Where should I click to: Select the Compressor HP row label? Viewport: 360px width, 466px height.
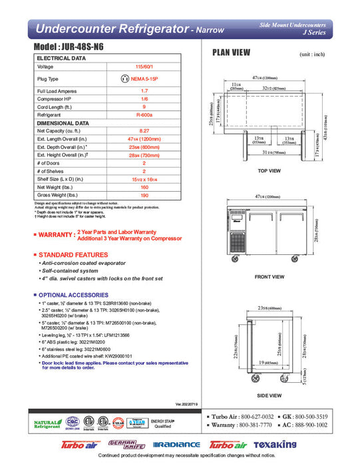(54, 99)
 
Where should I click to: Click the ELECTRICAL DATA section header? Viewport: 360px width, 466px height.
(61, 59)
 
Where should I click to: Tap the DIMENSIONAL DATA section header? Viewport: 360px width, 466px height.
(63, 123)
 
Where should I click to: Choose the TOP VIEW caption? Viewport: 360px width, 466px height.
(270, 171)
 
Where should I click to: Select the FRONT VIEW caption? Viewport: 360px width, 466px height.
(270, 277)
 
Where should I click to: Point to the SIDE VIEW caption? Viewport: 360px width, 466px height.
(270, 394)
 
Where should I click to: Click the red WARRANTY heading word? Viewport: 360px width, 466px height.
(56, 235)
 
